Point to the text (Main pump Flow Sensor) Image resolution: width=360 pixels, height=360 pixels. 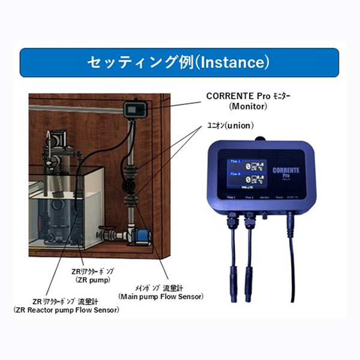[x=161, y=296]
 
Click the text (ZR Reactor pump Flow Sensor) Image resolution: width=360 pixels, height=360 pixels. [x=66, y=310]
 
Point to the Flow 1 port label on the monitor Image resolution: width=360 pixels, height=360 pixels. [x=230, y=196]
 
